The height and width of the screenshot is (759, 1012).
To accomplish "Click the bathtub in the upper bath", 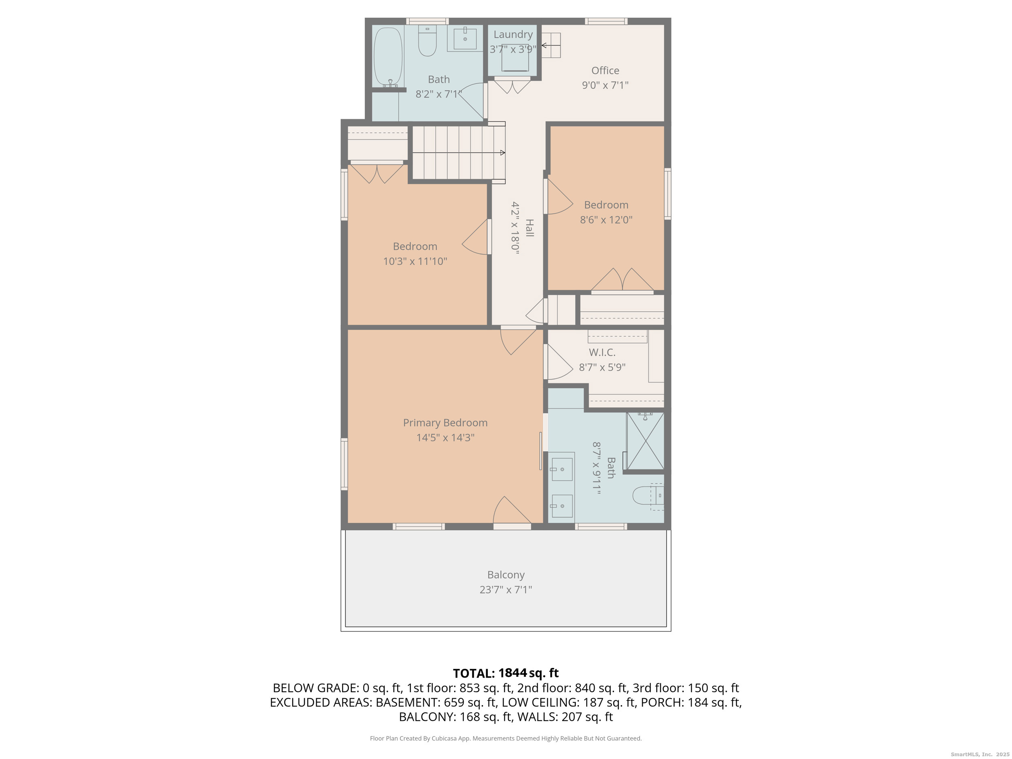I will tap(388, 57).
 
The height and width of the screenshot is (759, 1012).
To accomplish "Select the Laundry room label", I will tap(513, 34).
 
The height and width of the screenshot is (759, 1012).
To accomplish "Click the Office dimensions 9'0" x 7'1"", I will tap(605, 85).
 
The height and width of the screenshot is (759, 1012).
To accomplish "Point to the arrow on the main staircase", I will tap(502, 153).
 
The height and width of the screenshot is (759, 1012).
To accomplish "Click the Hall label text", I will tap(529, 227).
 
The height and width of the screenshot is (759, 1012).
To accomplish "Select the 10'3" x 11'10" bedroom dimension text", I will tap(415, 261).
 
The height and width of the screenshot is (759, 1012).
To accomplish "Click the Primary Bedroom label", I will tap(445, 423).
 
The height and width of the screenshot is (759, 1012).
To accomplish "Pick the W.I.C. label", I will tap(602, 352).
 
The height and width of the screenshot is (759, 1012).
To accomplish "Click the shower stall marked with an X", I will tap(645, 440).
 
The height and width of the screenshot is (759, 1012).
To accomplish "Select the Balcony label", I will tap(506, 575).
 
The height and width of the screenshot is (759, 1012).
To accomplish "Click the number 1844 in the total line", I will tap(512, 673).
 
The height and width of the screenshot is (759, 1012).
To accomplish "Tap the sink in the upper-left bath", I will tap(465, 38).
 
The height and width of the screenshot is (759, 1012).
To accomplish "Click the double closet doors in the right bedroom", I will tap(622, 281).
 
